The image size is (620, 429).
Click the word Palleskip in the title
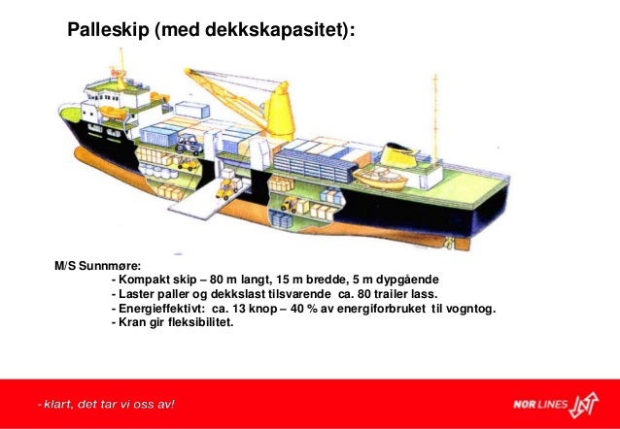107,32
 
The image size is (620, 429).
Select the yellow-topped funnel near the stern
398,154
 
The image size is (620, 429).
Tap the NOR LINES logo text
538,403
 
